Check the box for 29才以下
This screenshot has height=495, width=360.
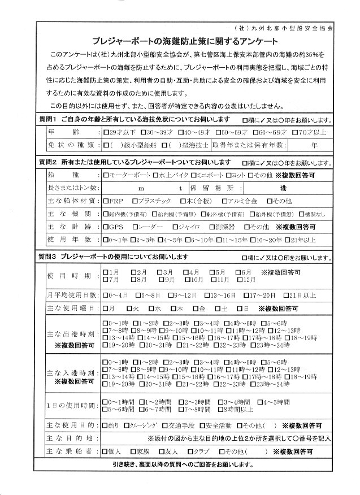[x=107, y=132]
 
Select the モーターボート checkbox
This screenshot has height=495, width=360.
[x=107, y=175]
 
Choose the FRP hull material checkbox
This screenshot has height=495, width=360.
[x=107, y=201]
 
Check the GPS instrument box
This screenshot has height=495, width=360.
[x=107, y=227]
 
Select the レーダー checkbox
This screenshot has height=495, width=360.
[x=136, y=227]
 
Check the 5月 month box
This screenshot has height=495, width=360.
[x=213, y=272]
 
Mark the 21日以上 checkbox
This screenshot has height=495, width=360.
[x=284, y=295]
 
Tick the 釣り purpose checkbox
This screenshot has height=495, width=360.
[x=107, y=424]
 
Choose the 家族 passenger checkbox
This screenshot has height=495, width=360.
[x=132, y=452]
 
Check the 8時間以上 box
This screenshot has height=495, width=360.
[x=223, y=409]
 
